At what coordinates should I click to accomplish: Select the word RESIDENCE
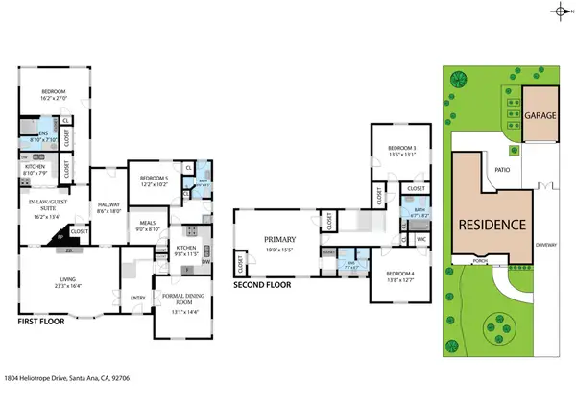coord(491,225)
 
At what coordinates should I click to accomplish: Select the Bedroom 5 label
coord(154,179)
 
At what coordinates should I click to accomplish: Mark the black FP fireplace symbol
coord(59,234)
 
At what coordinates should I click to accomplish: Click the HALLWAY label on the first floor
coord(108,205)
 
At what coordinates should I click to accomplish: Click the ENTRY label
coord(137,297)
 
